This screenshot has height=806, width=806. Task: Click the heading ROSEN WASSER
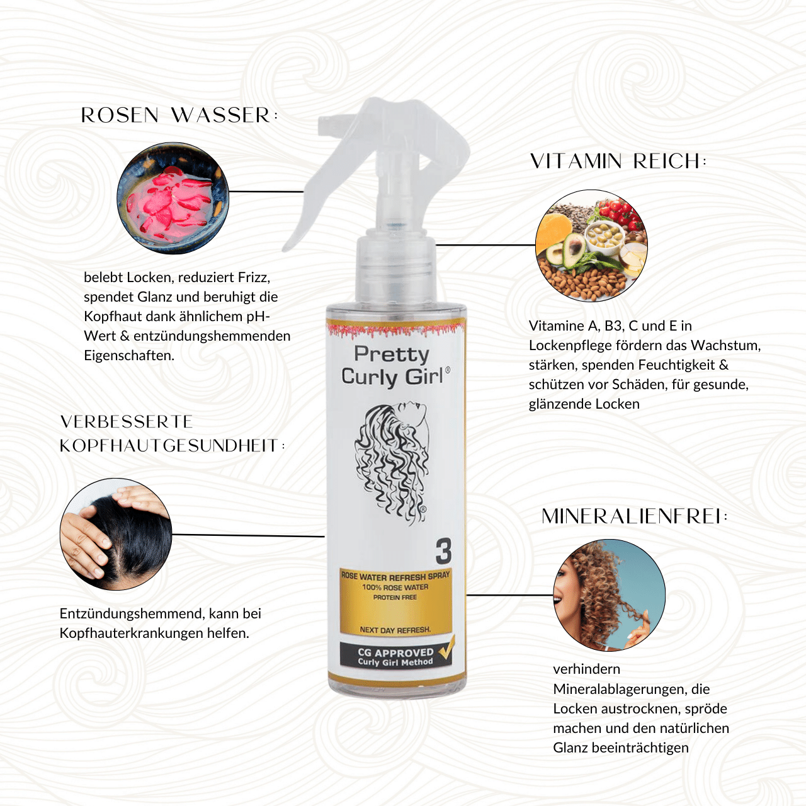tap(179, 115)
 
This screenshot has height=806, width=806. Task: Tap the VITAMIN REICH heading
tap(618, 161)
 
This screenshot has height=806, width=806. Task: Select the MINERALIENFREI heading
tap(635, 516)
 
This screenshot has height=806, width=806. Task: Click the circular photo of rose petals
tap(173, 198)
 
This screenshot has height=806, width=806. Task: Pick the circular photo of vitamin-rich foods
tap(591, 246)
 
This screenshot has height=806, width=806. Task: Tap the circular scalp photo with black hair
tap(116, 534)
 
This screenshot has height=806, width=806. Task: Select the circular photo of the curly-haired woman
tap(609, 595)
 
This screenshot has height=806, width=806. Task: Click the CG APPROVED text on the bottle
tap(395, 652)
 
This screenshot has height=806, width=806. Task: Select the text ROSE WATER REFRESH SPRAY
tap(395, 576)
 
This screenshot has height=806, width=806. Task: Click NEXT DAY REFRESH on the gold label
tap(395, 630)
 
